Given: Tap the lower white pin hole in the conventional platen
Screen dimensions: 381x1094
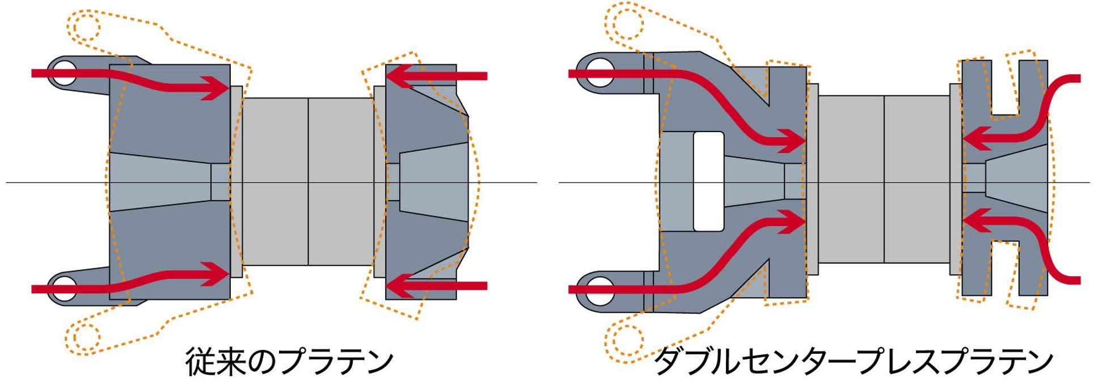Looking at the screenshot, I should pyautogui.click(x=65, y=289).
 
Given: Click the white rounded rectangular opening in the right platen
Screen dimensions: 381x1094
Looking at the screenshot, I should pyautogui.click(x=708, y=181).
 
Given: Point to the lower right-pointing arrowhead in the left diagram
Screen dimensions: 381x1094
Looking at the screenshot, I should pyautogui.click(x=217, y=276).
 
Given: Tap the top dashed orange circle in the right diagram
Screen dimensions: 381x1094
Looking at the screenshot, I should pyautogui.click(x=624, y=23).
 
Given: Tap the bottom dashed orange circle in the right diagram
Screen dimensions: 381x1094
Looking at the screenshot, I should pyautogui.click(x=624, y=340).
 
